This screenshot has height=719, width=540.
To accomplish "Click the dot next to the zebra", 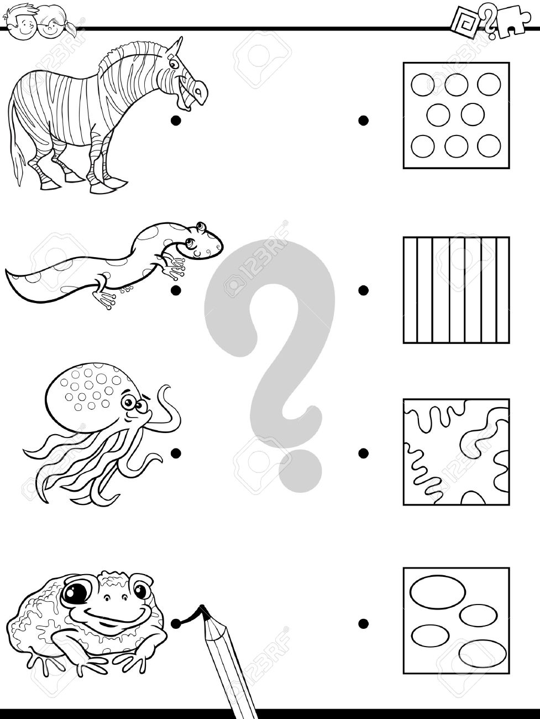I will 176,121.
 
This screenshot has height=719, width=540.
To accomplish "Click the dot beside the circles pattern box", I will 363,121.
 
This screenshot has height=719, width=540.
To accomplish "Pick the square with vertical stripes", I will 456,290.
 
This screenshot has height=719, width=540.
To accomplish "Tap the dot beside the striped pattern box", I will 363,290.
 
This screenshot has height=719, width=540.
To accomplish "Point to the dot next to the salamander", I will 176,290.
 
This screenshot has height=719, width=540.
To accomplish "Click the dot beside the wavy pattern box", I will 363,453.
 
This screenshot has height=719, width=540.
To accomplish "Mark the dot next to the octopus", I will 176,453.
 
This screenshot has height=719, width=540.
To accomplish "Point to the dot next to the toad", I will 176,624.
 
